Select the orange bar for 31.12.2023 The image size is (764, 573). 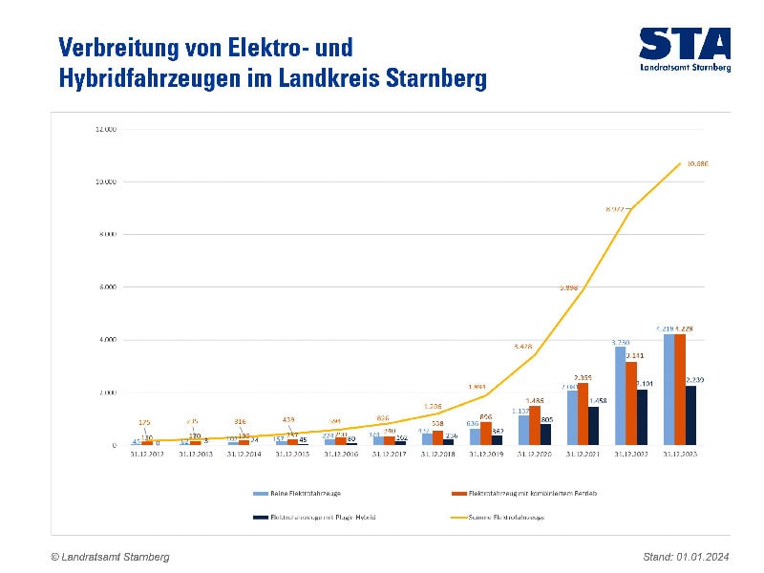tap(680, 390)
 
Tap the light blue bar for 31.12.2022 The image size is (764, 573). tap(620, 396)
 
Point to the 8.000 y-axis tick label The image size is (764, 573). tap(106, 235)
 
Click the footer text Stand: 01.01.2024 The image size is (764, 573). tap(687, 557)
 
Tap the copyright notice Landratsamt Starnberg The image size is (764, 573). tap(111, 557)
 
